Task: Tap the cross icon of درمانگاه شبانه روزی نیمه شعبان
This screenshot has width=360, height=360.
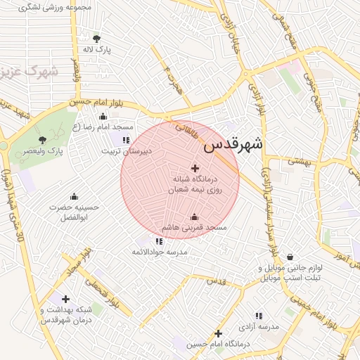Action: [195, 168]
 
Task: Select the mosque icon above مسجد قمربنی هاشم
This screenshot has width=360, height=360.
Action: [194, 217]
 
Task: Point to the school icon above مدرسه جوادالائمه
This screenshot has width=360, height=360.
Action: [159, 240]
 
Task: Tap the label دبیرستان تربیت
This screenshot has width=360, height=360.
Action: [125, 151]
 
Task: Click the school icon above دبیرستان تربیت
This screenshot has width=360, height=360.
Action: [126, 140]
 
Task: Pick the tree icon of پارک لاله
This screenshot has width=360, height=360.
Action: [96, 39]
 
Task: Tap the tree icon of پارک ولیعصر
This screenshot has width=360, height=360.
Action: [43, 140]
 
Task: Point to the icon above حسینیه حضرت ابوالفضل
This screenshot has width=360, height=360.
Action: [74, 196]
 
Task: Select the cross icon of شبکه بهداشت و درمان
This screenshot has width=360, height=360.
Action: [65, 299]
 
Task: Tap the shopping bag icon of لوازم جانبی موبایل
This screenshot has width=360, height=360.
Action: [290, 257]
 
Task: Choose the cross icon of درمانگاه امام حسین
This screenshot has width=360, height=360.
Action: [219, 333]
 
